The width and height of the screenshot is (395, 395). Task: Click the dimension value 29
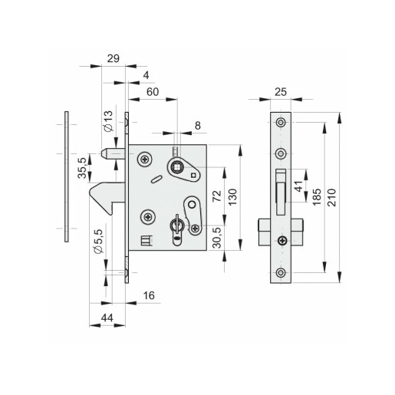tap(114, 58)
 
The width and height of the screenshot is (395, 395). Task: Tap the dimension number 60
tap(153, 92)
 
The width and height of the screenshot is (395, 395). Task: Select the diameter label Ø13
tap(109, 121)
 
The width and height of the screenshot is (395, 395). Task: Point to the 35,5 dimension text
tap(82, 168)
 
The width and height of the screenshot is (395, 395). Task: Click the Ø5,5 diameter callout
tap(99, 242)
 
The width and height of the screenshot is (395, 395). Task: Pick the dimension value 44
tap(107, 318)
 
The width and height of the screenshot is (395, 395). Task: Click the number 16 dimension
tap(149, 295)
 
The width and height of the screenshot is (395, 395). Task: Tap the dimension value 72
tap(217, 196)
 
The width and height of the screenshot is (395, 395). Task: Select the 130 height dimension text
tap(232, 197)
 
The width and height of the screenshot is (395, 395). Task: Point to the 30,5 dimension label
tap(217, 238)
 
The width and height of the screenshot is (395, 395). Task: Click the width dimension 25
tap(281, 92)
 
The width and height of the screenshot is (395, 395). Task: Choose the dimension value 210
tap(332, 198)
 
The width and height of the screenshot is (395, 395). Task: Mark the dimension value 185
tap(317, 197)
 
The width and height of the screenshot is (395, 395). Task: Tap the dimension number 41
tap(298, 186)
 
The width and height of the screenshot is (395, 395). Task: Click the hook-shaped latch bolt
tap(105, 194)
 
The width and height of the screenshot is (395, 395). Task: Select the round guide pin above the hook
tap(113, 154)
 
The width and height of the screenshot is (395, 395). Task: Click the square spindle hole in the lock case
tap(176, 168)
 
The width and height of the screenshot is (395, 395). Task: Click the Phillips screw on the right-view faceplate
tap(282, 240)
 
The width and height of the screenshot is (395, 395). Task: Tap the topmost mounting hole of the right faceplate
tap(281, 123)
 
